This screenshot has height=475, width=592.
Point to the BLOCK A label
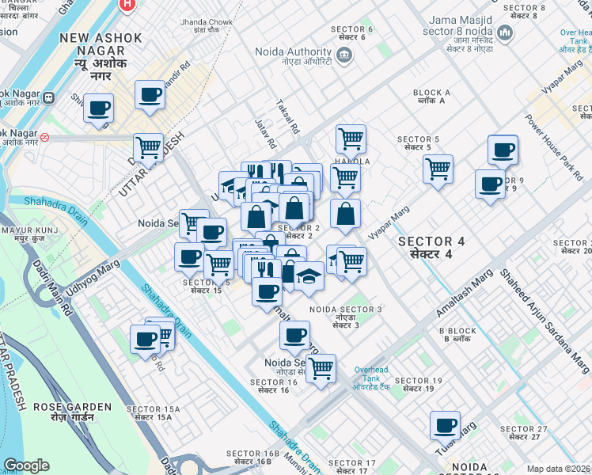point(431,97)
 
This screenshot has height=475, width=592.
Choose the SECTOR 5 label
point(417,142)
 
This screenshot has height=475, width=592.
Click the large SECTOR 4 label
point(431,247)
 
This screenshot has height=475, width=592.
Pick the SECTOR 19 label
point(417,385)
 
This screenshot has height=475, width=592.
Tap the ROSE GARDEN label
point(72,411)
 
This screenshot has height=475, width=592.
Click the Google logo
point(26,465)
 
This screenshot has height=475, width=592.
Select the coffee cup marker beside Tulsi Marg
point(445,425)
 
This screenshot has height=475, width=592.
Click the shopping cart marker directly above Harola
point(351,139)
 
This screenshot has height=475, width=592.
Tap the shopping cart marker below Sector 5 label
point(438,169)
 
